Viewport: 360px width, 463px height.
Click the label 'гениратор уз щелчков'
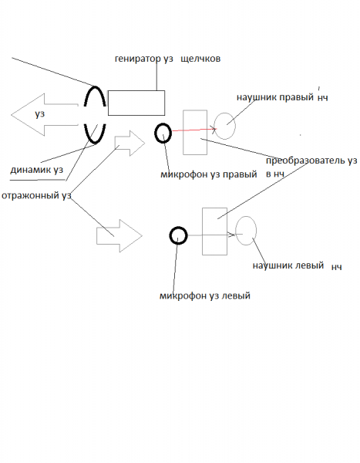click(167, 59)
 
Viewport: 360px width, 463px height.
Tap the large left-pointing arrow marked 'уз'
click(44, 114)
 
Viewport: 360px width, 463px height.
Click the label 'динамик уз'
click(36, 170)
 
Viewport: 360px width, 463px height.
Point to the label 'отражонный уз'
click(36, 196)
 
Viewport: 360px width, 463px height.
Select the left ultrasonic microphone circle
click(170, 235)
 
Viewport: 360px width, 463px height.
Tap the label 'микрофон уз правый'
click(209, 174)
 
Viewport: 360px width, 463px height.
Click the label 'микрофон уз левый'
click(205, 296)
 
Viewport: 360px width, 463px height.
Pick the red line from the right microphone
click(193, 130)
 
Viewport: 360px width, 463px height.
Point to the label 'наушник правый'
click(275, 97)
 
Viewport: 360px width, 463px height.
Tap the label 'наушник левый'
click(288, 265)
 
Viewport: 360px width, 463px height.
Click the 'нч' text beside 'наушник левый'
click(337, 267)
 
